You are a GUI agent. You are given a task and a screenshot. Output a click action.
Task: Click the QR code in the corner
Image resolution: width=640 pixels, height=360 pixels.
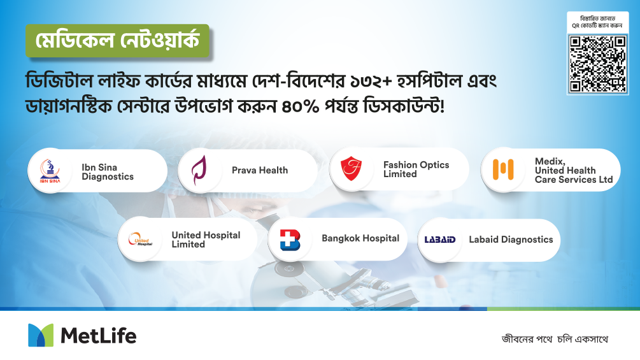597,64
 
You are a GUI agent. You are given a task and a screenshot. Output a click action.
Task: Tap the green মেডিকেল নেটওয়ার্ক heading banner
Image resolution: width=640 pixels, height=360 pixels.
118,41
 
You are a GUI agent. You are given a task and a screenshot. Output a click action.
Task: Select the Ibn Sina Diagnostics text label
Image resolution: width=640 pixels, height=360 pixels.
108,172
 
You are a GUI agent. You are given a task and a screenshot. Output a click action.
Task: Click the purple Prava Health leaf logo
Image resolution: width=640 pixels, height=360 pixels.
199,169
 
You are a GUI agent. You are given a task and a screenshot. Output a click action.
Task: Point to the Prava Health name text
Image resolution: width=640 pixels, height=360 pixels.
260,170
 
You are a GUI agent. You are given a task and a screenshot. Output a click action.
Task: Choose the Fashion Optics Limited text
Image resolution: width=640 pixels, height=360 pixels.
416,169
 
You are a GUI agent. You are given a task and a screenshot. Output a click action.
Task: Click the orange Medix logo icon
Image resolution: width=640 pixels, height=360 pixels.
503,169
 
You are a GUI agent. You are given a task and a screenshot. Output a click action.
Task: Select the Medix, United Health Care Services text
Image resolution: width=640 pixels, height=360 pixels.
574,170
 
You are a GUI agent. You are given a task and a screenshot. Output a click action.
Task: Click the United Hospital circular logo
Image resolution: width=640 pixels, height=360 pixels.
140,239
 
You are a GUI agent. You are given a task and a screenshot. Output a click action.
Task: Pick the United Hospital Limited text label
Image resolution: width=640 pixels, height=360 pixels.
206,240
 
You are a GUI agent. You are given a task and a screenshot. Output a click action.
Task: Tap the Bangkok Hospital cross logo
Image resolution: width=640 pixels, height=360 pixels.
290,240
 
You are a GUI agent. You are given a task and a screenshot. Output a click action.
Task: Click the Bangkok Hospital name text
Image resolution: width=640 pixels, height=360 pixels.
360,238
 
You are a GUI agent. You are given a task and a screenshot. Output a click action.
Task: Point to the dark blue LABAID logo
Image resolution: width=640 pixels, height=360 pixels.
440,240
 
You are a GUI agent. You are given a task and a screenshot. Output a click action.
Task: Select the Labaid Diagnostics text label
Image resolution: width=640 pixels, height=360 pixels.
511,240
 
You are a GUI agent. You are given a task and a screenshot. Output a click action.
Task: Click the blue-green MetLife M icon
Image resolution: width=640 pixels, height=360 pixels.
41,335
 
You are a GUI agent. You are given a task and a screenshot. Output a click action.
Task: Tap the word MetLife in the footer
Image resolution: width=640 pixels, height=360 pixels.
98,336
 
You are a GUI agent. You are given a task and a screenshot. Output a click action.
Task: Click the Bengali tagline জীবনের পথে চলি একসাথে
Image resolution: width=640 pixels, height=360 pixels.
555,339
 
